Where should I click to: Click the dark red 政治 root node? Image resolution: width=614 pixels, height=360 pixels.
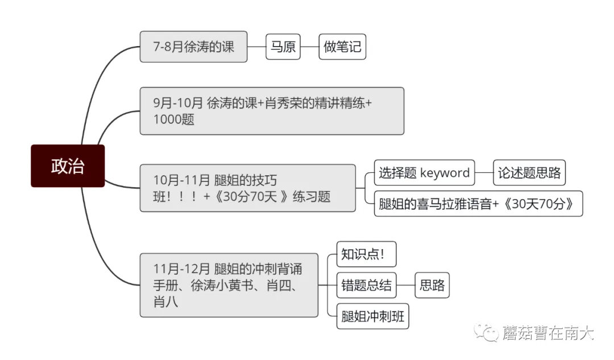click(x=68, y=166)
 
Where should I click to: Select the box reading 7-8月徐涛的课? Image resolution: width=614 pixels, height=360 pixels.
click(x=193, y=47)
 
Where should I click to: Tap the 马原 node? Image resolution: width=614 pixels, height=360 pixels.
click(x=283, y=47)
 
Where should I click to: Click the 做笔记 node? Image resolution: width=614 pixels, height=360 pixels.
click(x=342, y=47)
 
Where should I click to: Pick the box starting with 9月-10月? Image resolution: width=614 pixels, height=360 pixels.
click(x=272, y=111)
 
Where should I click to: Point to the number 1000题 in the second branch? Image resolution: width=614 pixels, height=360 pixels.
click(x=173, y=120)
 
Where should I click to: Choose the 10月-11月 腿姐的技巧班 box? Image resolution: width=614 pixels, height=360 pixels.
click(x=247, y=188)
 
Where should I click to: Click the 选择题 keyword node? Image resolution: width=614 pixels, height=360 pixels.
click(x=424, y=173)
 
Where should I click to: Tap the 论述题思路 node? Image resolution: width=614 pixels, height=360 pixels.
click(x=529, y=173)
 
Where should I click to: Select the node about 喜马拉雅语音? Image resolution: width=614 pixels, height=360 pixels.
click(x=478, y=204)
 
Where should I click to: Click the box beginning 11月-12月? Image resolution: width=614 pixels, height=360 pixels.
click(x=229, y=285)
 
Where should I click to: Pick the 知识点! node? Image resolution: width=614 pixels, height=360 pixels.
click(x=362, y=254)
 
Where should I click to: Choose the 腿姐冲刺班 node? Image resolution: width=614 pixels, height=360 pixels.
click(x=373, y=316)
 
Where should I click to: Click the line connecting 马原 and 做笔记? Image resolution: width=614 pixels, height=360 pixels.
click(x=309, y=47)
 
